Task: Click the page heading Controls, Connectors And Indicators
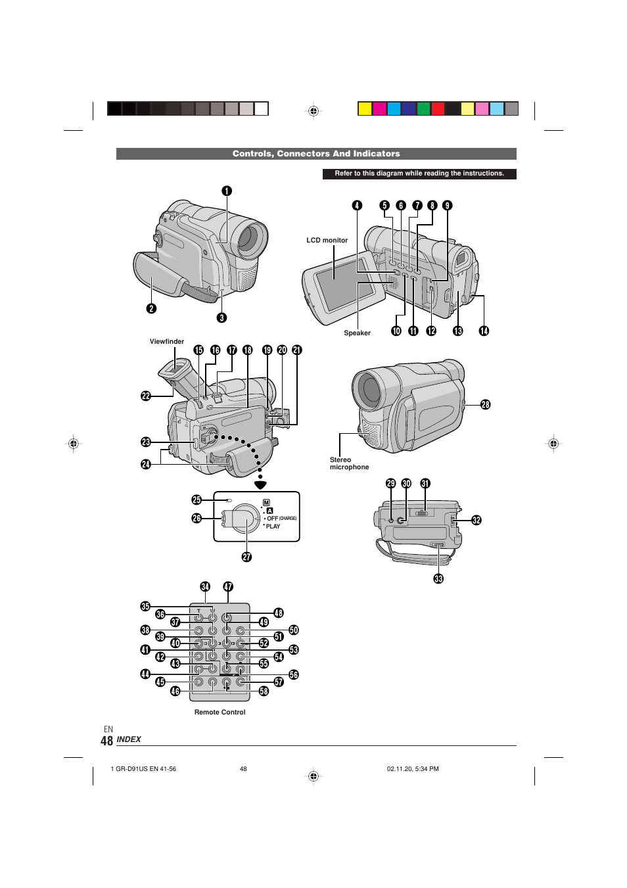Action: [316, 154]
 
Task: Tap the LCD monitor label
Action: [327, 241]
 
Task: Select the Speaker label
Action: [357, 333]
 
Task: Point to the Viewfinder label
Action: [167, 342]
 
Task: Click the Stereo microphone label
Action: [349, 464]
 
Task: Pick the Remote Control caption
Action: [220, 713]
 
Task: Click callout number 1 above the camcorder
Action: [226, 191]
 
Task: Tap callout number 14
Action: [484, 331]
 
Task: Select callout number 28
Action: [485, 405]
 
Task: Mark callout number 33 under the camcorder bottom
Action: [438, 579]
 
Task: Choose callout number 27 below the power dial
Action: [246, 557]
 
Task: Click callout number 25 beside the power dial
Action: [197, 500]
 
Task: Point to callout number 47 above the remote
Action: [228, 587]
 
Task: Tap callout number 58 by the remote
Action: [264, 691]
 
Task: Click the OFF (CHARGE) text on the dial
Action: [281, 519]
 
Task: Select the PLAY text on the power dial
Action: [273, 526]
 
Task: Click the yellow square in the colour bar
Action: [365, 109]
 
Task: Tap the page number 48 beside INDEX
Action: [106, 741]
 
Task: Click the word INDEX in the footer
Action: [129, 739]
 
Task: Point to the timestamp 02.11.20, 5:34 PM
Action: [413, 769]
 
